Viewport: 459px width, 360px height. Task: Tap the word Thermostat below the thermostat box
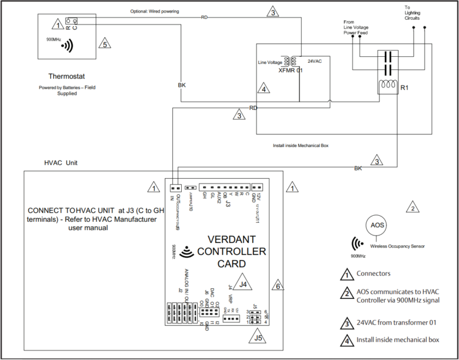pyautogui.click(x=67, y=77)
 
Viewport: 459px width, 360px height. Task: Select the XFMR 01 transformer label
pyautogui.click(x=291, y=71)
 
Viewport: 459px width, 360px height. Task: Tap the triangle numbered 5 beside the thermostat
pyautogui.click(x=104, y=43)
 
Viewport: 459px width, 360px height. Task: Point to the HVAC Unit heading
pyautogui.click(x=60, y=163)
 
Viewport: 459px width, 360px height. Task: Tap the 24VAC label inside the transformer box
pyautogui.click(x=315, y=61)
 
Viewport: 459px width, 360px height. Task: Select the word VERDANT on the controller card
pyautogui.click(x=232, y=238)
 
